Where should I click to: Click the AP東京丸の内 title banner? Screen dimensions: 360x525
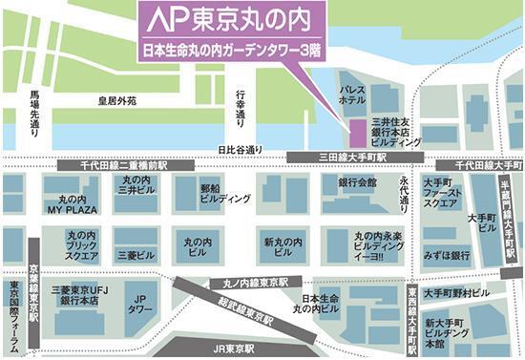[x=231, y=19]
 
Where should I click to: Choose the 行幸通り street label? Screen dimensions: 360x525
[x=242, y=107]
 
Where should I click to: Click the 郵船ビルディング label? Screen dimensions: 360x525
[x=225, y=196]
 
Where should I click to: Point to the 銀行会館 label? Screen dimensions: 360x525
[x=357, y=181]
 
